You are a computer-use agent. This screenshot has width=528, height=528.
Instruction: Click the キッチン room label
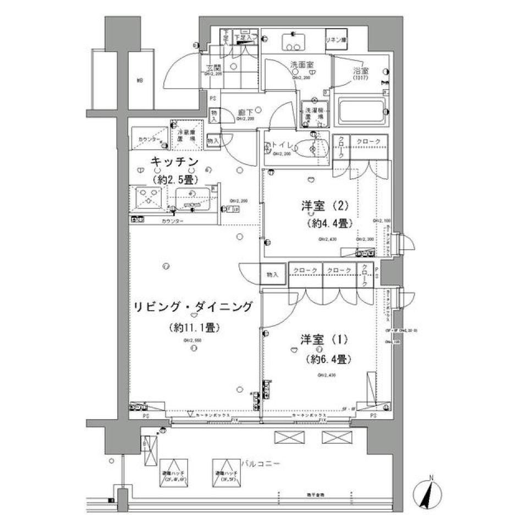[x=174, y=162]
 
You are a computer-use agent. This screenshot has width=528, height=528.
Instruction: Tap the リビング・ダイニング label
[x=193, y=306]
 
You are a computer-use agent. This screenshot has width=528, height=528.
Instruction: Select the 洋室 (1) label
[x=324, y=339]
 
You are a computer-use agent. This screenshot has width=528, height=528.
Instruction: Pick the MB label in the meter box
[x=140, y=81]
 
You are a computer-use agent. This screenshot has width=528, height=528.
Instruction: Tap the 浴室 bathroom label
[x=361, y=71]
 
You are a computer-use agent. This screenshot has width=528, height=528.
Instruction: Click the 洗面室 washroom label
[x=302, y=64]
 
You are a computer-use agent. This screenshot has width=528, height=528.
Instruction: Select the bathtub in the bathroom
[x=361, y=112]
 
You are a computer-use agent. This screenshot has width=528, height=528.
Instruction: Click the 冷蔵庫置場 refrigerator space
[x=187, y=135]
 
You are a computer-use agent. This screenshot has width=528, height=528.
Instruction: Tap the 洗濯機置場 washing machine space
[x=314, y=113]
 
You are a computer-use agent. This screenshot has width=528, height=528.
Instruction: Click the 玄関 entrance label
[x=213, y=69]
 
